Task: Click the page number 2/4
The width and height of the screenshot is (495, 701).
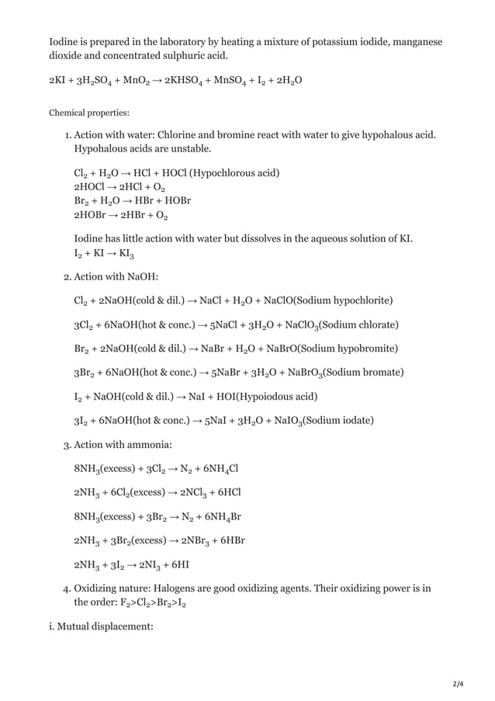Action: (x=458, y=683)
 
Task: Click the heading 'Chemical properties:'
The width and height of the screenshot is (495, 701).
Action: (x=89, y=112)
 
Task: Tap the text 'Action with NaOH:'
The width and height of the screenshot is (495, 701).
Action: (x=116, y=274)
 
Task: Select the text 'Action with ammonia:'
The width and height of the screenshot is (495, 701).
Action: (x=123, y=445)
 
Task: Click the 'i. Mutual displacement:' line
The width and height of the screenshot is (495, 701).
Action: (x=101, y=622)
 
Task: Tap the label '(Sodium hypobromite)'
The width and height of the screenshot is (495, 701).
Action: (x=348, y=349)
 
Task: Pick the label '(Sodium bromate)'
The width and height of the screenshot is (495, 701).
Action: (x=362, y=373)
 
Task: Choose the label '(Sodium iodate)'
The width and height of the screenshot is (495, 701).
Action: (x=337, y=421)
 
